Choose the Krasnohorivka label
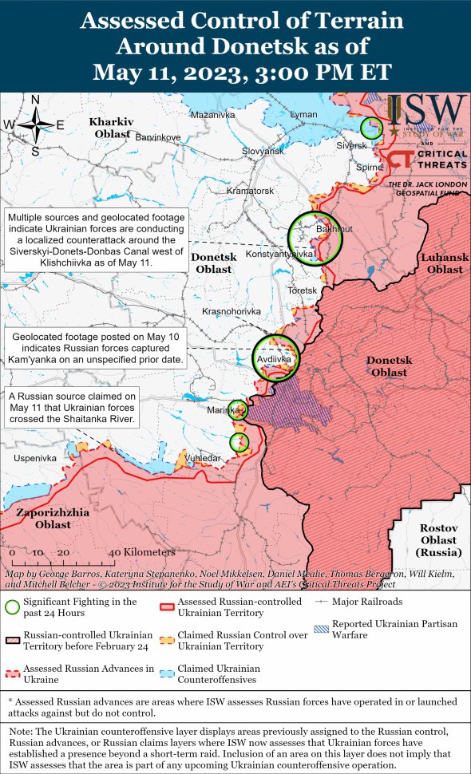coord(232,311)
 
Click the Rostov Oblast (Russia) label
coord(440,540)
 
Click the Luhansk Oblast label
coord(444,263)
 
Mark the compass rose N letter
coord(35,100)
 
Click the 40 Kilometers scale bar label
coord(141,552)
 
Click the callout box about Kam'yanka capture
coord(97,349)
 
